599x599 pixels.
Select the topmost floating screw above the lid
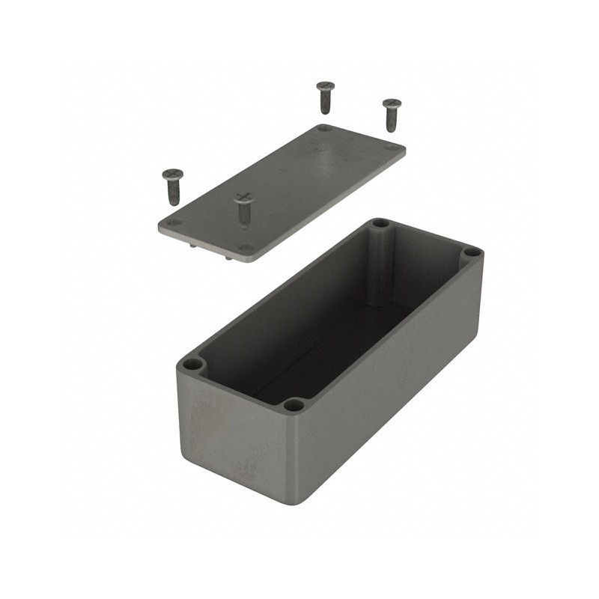click(x=325, y=97)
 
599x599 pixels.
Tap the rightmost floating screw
click(x=392, y=114)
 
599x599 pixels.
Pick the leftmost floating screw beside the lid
click(x=173, y=186)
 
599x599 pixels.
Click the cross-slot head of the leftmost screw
click(x=173, y=175)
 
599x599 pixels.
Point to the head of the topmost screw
click(x=325, y=86)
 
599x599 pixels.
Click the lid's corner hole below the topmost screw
click(x=323, y=129)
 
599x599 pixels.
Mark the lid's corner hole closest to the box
click(x=244, y=247)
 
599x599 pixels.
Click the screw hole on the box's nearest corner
click(x=294, y=405)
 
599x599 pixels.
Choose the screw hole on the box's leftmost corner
click(x=192, y=365)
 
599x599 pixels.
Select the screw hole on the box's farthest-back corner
click(x=380, y=223)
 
